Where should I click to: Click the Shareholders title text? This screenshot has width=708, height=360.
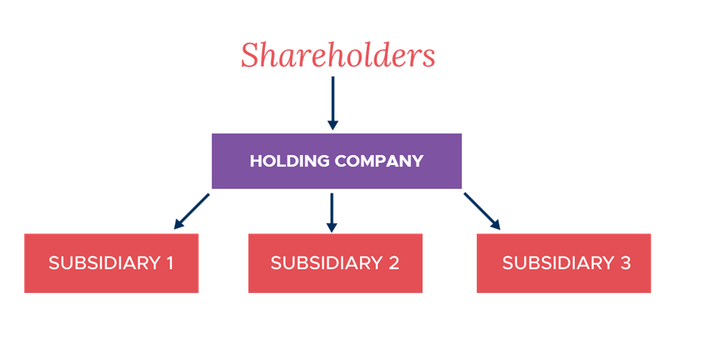coord(337,55)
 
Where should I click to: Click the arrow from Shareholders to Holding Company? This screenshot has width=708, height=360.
coord(332,102)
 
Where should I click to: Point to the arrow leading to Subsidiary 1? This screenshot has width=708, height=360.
coord(191,211)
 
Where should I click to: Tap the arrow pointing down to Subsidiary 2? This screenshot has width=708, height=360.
coord(332,212)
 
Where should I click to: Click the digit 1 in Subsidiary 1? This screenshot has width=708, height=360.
coord(169,263)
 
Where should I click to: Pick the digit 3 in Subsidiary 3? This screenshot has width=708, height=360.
coord(624,263)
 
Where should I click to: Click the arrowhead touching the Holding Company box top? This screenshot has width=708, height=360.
coord(332,124)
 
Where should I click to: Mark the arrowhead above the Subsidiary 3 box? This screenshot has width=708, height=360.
coord(496,224)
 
